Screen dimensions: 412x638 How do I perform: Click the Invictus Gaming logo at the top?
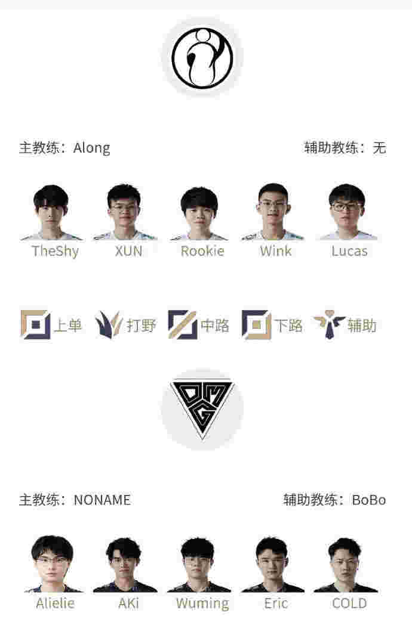click(202, 57)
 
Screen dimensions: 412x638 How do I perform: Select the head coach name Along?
click(92, 148)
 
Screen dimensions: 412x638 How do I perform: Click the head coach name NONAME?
click(102, 500)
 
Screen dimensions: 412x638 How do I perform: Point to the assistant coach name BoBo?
click(369, 500)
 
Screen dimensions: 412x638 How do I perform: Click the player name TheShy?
click(55, 251)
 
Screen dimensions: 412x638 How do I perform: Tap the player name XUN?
click(129, 251)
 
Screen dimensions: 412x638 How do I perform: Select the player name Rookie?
click(202, 251)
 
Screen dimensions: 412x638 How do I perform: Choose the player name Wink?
click(276, 251)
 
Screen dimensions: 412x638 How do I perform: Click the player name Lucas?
click(350, 251)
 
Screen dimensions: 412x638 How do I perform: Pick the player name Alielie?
click(56, 603)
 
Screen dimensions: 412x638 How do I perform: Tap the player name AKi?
click(129, 603)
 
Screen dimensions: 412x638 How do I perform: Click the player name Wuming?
click(202, 603)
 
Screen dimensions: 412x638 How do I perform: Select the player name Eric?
click(276, 603)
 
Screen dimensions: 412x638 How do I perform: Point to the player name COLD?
click(350, 603)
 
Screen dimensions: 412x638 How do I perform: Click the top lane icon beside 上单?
click(35, 325)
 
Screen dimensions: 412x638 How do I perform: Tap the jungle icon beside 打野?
click(109, 325)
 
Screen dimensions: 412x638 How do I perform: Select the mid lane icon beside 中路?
click(183, 325)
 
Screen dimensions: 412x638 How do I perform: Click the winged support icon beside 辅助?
click(329, 324)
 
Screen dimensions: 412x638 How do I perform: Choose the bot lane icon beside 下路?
click(256, 325)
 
